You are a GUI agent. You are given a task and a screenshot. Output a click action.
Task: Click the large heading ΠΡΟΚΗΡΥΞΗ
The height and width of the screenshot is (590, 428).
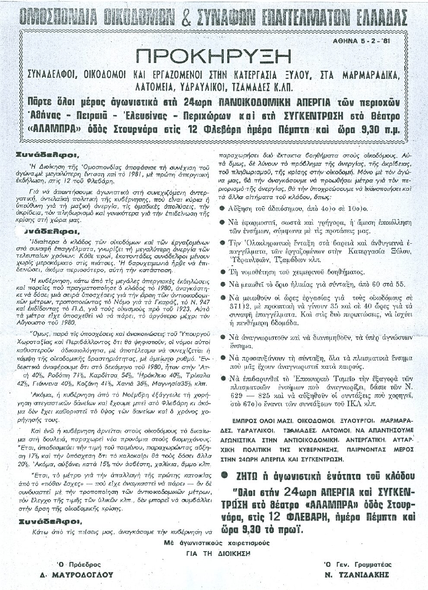[213, 56]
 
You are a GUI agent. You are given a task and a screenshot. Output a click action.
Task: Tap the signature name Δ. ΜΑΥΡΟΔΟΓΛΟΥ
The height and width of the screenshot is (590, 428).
[82, 575]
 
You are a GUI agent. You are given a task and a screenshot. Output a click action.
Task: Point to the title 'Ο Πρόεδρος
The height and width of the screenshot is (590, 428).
[71, 565]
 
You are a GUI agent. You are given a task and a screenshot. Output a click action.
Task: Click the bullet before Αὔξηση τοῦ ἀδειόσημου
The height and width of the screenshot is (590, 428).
[222, 209]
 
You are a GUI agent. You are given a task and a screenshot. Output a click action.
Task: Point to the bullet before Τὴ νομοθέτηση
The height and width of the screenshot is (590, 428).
[222, 272]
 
